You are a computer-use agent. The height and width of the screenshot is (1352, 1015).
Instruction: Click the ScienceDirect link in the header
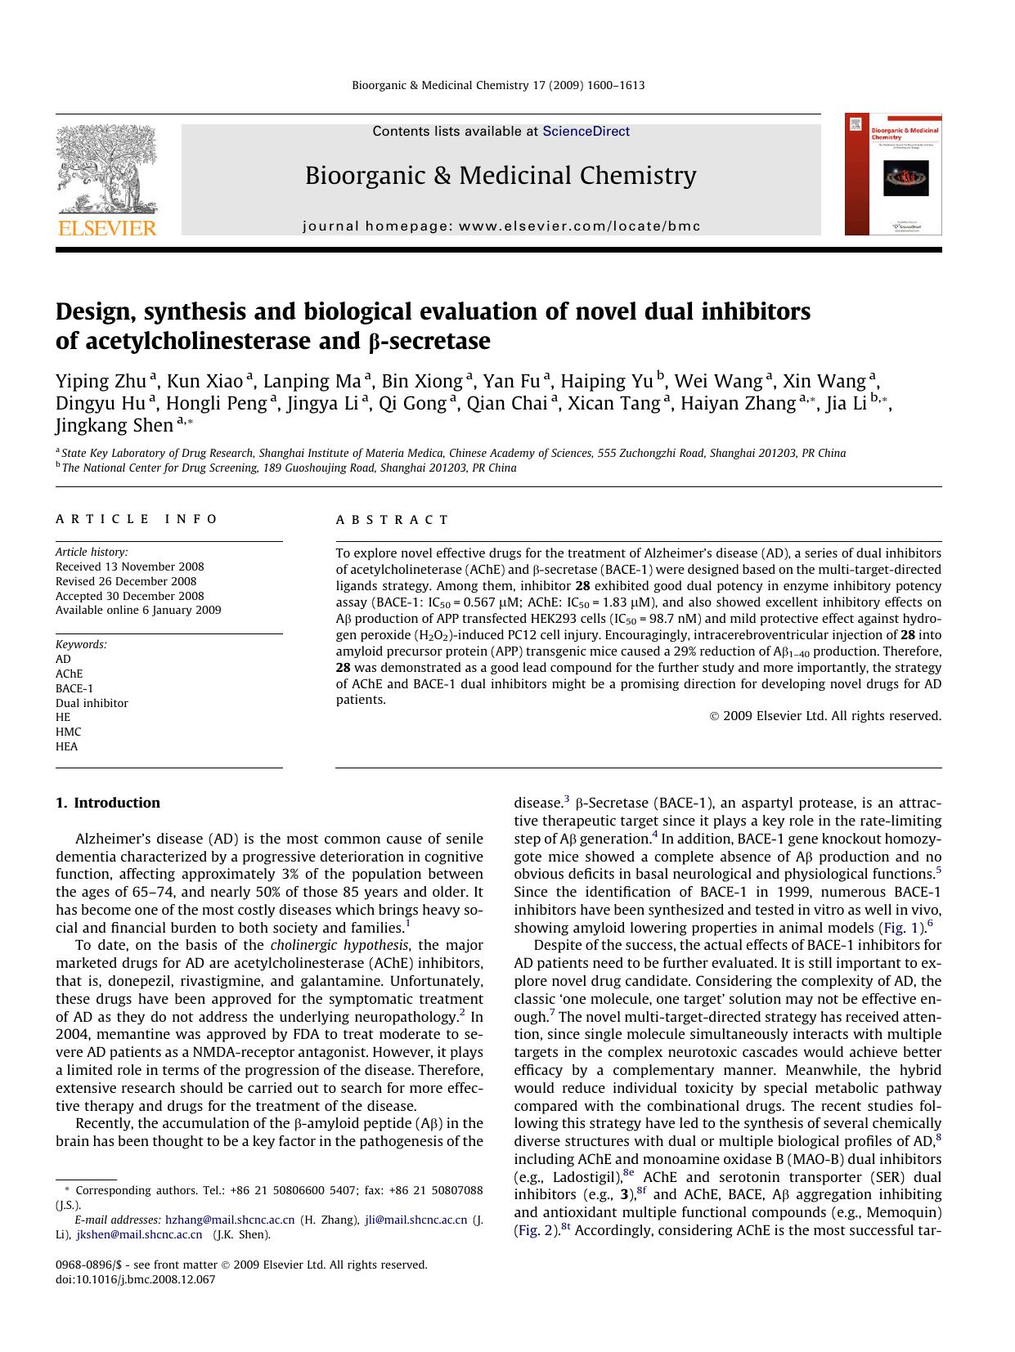(x=586, y=131)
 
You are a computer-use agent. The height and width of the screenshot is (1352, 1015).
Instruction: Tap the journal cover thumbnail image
(x=893, y=174)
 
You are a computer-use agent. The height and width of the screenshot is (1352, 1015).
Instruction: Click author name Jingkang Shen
(x=115, y=425)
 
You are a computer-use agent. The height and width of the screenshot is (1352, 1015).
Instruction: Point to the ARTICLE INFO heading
(x=137, y=519)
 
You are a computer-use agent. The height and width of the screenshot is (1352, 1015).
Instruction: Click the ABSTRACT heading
(x=393, y=520)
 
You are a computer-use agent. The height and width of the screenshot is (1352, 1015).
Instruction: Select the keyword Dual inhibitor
(x=92, y=703)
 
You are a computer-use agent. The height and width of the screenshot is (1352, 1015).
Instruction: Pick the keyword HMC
(x=69, y=732)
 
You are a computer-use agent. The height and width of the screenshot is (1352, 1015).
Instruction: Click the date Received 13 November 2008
(x=129, y=566)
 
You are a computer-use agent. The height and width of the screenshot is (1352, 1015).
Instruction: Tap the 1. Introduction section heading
(x=108, y=803)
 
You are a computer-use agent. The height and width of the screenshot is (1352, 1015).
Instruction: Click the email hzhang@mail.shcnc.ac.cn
(x=230, y=1220)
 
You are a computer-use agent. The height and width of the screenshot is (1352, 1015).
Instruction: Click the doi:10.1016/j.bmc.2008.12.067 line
(x=135, y=1279)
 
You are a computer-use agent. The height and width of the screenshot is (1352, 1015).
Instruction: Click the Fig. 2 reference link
(x=535, y=1230)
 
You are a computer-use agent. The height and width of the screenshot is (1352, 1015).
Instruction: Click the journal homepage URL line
(x=501, y=226)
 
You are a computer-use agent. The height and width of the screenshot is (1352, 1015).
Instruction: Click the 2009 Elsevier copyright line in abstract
(x=825, y=716)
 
